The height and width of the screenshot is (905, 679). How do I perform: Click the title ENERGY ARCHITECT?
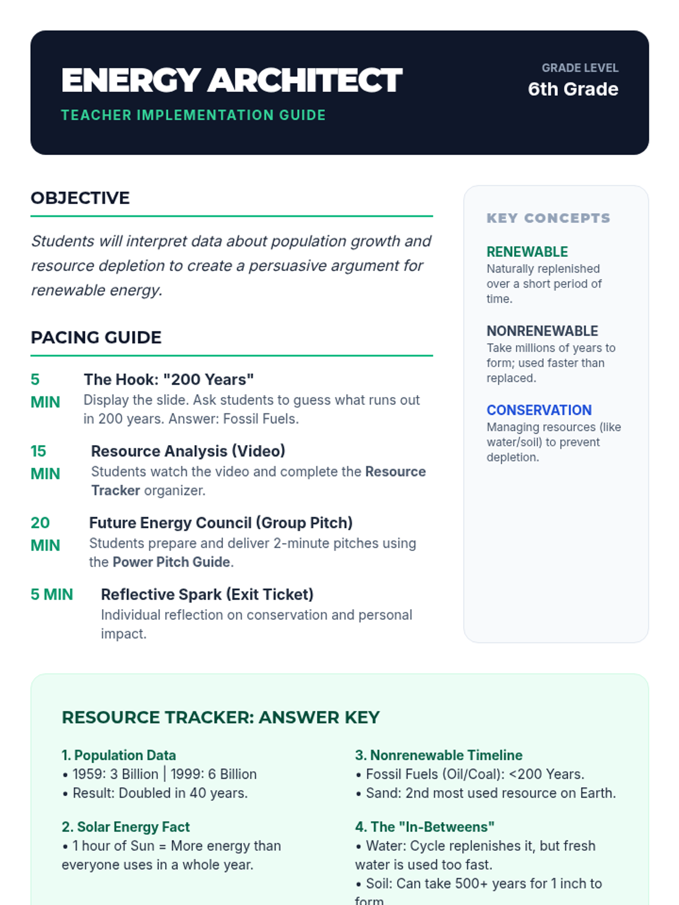click(x=231, y=80)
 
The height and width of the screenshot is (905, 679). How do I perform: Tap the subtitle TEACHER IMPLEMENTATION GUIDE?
click(x=193, y=115)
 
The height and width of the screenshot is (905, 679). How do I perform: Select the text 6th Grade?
click(x=573, y=89)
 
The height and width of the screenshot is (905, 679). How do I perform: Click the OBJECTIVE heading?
click(x=80, y=198)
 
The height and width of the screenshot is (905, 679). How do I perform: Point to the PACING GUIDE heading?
click(x=96, y=338)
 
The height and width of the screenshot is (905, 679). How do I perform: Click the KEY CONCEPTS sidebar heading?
click(x=548, y=218)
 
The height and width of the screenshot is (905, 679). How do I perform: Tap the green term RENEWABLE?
click(x=527, y=252)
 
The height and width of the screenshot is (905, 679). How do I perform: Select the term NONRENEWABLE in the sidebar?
click(x=542, y=331)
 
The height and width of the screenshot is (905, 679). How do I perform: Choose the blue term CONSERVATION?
click(x=539, y=410)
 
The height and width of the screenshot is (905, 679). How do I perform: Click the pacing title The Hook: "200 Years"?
click(x=169, y=380)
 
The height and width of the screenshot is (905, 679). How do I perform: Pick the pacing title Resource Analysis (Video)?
click(x=188, y=451)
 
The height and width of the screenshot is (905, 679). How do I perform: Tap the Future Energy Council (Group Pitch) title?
click(x=221, y=523)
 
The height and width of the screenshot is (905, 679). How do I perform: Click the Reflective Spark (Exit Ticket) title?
click(x=207, y=594)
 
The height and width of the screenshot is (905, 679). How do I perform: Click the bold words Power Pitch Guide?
click(x=171, y=562)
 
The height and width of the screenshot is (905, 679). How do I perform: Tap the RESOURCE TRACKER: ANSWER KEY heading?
click(x=221, y=718)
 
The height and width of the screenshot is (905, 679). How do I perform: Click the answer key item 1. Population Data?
click(x=119, y=756)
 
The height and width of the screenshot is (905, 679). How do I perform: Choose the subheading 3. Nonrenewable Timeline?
click(x=439, y=756)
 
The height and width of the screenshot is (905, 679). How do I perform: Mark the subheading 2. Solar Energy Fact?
click(x=126, y=827)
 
